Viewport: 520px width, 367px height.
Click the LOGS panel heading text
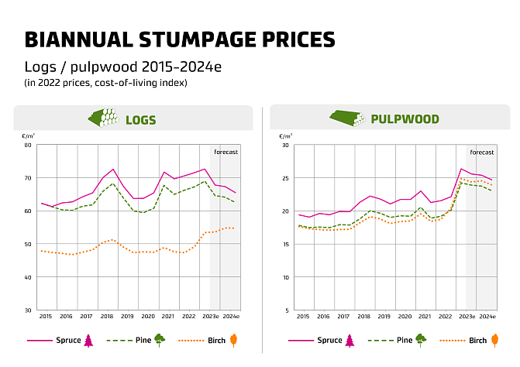pyautogui.click(x=142, y=120)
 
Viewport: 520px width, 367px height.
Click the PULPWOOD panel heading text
pyautogui.click(x=405, y=119)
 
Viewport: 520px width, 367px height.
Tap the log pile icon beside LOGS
pyautogui.click(x=103, y=118)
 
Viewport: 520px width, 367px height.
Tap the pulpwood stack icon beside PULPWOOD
pyautogui.click(x=348, y=118)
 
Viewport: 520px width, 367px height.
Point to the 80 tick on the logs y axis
pyautogui.click(x=28, y=145)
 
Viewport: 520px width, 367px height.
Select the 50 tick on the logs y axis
pyautogui.click(x=28, y=244)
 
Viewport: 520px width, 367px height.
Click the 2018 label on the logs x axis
pyautogui.click(x=107, y=317)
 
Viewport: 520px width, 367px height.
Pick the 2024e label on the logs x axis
pyautogui.click(x=230, y=317)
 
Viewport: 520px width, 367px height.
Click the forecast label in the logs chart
pyautogui.click(x=226, y=152)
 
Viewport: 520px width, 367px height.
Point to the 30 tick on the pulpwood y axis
pyautogui.click(x=284, y=145)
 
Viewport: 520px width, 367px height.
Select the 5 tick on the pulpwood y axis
pyautogui.click(x=286, y=310)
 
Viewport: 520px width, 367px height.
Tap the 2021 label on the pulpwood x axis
pyautogui.click(x=424, y=317)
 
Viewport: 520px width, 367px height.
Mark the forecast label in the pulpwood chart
pyautogui.click(x=481, y=152)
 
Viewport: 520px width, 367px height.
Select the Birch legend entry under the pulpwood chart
pyautogui.click(x=478, y=341)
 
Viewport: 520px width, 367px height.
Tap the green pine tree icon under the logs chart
pyautogui.click(x=160, y=340)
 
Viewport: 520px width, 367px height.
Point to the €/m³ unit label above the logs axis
pyautogui.click(x=27, y=135)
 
